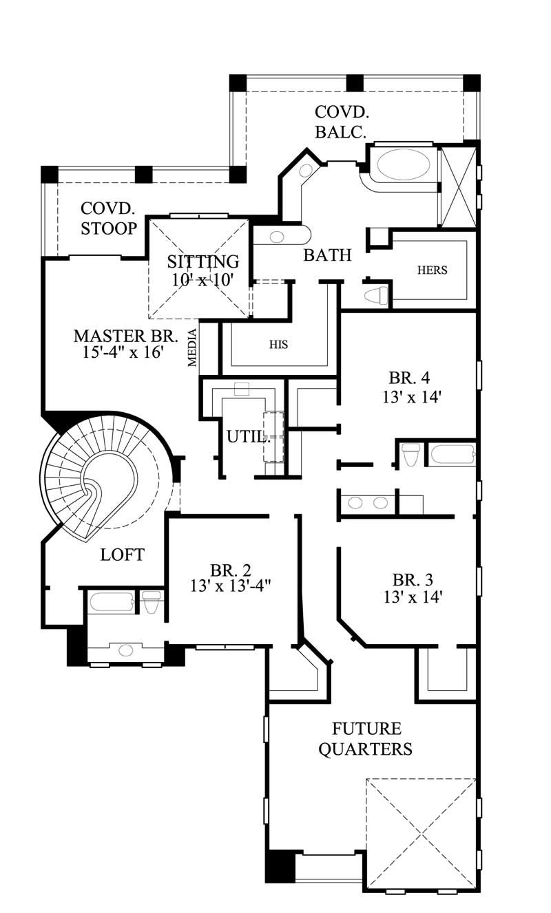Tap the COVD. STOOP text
[x=108, y=218]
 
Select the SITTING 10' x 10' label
[x=203, y=270]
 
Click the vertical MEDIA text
[x=193, y=348]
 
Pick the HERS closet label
[x=432, y=270]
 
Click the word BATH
[x=328, y=255]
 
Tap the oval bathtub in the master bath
[x=404, y=164]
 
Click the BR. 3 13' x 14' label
[x=412, y=588]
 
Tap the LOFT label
[x=122, y=555]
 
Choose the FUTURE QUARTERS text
[x=365, y=738]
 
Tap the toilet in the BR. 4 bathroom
[x=410, y=454]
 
